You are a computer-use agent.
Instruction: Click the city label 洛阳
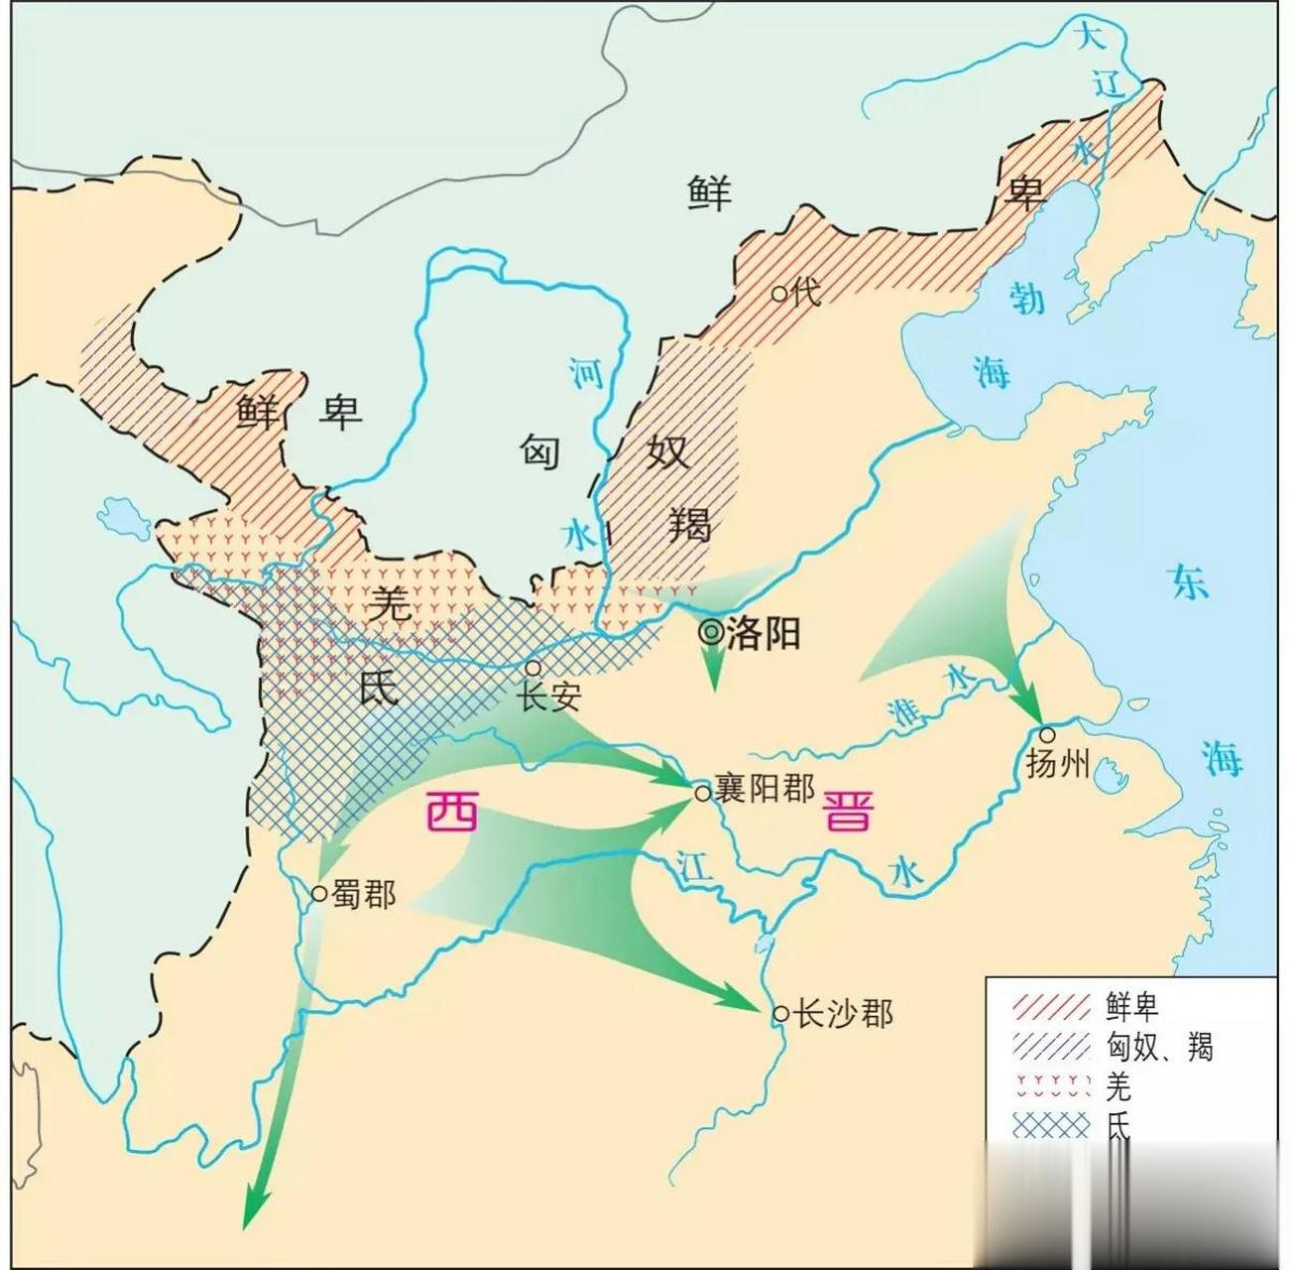coord(764,633)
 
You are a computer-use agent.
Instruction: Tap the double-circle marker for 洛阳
coord(711,632)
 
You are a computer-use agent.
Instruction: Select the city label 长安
coord(549,697)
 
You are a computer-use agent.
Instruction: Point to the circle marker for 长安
coord(533,668)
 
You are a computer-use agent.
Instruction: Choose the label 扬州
coord(1058,764)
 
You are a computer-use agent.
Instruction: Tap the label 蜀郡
coord(364,895)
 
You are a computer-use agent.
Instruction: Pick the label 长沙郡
coord(846,1014)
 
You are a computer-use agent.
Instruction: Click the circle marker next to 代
coord(779,294)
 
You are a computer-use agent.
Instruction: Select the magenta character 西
coord(451,814)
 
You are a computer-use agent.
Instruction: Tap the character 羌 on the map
coord(391,603)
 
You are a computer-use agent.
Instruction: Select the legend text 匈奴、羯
coord(1159,1047)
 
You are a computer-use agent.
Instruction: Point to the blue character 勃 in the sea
coord(1027,297)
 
